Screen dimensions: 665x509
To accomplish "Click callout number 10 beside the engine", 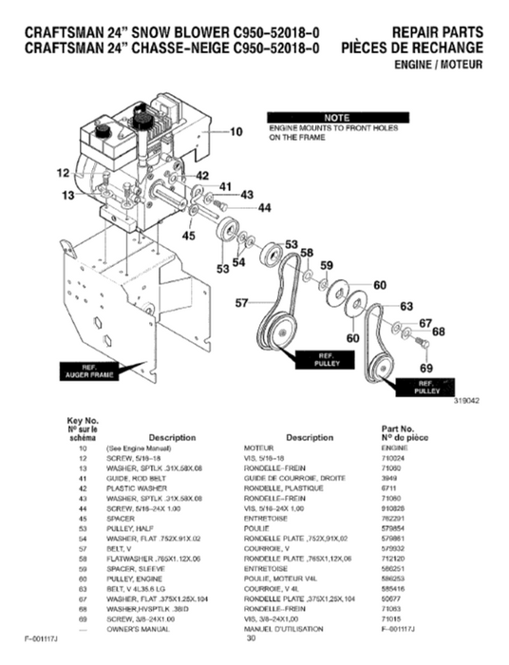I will [237, 133].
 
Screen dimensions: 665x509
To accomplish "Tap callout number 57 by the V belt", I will [241, 303].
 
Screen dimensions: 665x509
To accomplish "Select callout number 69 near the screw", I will [425, 367].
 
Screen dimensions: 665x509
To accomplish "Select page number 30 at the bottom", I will [252, 638].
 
